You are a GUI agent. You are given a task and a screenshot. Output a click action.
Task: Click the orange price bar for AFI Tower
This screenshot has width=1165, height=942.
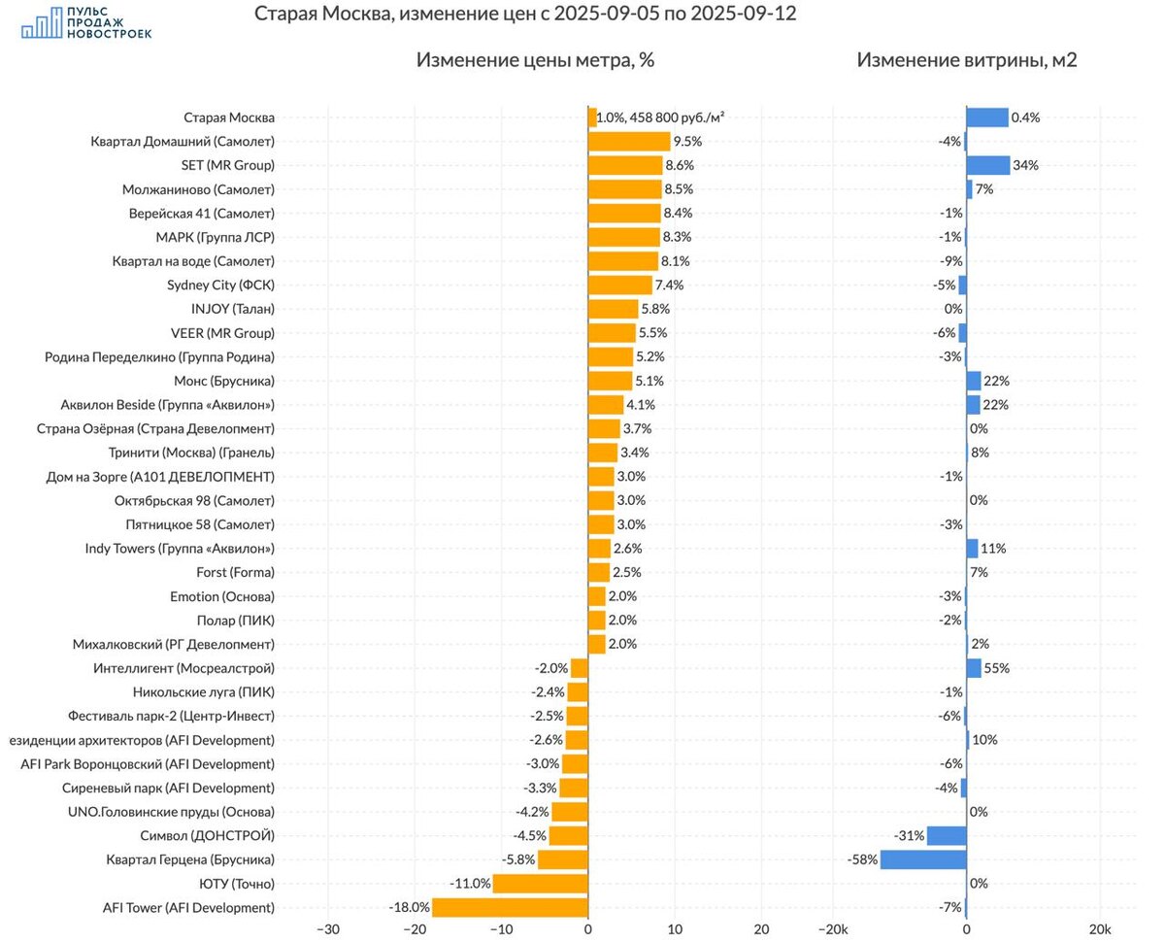point(510,908)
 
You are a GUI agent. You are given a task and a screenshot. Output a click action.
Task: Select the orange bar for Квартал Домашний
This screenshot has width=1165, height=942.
point(629,142)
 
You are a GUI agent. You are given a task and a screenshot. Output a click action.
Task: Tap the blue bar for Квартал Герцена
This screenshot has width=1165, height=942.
point(923,859)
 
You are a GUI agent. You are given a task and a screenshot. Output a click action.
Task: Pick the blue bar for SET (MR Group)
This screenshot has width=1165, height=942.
point(988,165)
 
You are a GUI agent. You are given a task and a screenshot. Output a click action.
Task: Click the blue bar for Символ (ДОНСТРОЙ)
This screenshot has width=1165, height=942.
point(947,836)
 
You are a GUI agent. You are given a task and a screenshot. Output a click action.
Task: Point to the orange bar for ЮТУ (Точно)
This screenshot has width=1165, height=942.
point(540,884)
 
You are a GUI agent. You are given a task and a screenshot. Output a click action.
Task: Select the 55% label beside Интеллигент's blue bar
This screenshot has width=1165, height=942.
point(996,668)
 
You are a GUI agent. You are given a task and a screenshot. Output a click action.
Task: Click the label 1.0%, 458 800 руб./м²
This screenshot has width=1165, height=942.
point(660,118)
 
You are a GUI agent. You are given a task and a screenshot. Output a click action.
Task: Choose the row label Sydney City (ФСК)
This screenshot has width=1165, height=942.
point(220,285)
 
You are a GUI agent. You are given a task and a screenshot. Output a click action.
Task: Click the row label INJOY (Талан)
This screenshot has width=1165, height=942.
point(233,309)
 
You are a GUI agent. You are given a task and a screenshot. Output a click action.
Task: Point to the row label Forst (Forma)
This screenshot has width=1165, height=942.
point(235,572)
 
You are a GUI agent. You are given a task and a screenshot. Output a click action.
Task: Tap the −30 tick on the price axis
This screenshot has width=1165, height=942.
point(327,929)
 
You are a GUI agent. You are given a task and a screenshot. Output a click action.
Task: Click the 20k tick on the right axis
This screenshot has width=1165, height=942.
point(1099,929)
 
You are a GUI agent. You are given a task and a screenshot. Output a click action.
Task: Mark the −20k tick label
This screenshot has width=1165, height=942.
point(833,929)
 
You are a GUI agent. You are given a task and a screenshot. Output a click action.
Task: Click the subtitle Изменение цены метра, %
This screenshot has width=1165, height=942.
point(535,60)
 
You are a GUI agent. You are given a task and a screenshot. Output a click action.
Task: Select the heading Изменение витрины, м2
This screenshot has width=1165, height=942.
point(966,60)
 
